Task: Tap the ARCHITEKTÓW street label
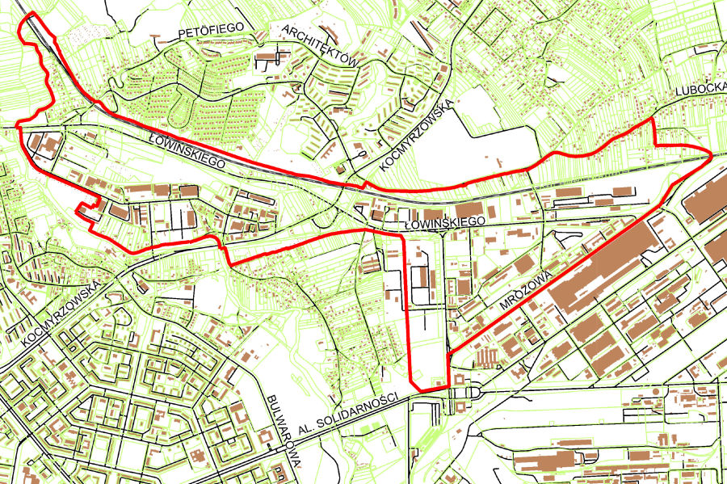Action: tap(320, 45)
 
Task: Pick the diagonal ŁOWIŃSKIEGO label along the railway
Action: tap(185, 150)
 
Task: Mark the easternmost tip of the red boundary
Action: tap(710, 153)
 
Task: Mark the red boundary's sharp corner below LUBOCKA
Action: tap(652, 120)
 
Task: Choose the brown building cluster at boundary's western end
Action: tap(47, 146)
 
